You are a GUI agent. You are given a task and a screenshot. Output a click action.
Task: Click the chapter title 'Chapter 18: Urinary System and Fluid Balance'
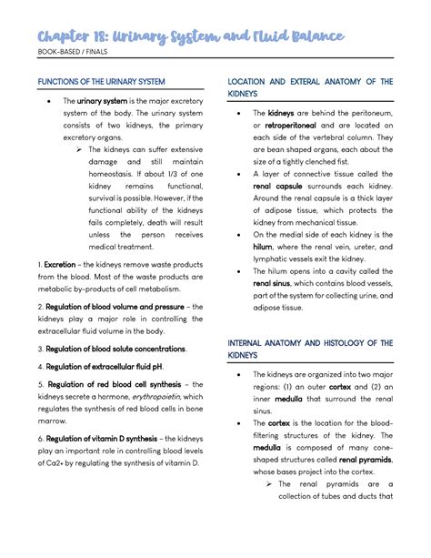pyautogui.click(x=191, y=36)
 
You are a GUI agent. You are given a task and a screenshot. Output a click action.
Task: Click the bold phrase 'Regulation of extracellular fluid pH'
pyautogui.click(x=103, y=366)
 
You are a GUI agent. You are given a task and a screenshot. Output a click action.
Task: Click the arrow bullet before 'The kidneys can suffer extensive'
pyautogui.click(x=80, y=149)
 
